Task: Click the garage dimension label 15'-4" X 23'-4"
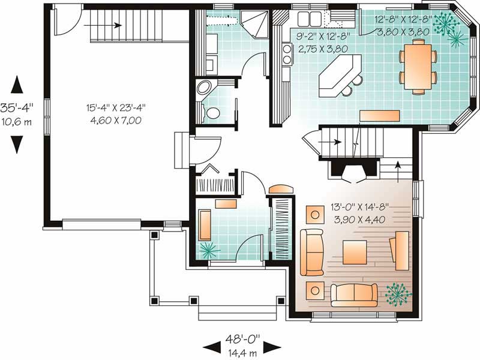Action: [x=115, y=108]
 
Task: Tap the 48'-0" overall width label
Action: [x=242, y=339]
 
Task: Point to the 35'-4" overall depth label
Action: [x=17, y=108]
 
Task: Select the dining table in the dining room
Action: [x=418, y=67]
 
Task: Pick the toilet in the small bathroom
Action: [x=211, y=112]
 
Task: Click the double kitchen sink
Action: [x=309, y=19]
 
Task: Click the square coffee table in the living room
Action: [x=355, y=252]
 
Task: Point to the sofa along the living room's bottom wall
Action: [x=354, y=295]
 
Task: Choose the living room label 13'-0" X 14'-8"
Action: [x=359, y=207]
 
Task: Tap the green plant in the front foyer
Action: [x=209, y=250]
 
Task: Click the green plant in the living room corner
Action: [x=398, y=295]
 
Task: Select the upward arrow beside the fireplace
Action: [x=398, y=172]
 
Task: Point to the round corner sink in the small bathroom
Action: [x=203, y=88]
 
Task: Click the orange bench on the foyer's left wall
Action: [x=205, y=225]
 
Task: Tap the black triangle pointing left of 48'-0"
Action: [x=212, y=347]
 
